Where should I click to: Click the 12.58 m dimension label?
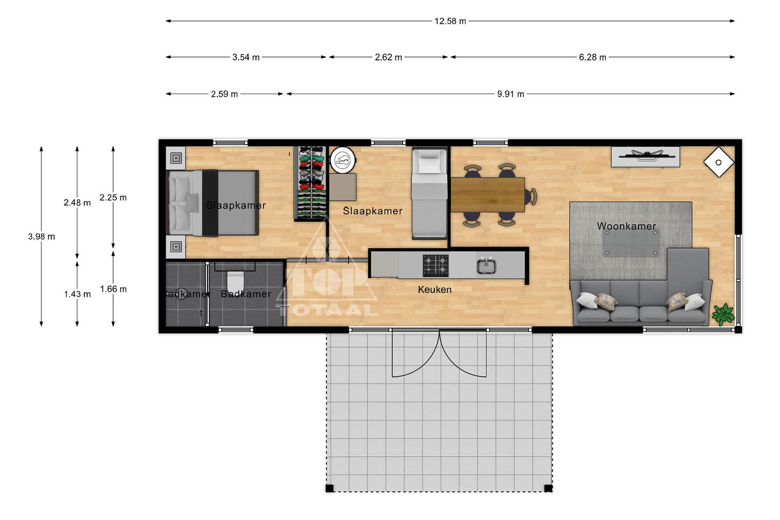tap(450, 21)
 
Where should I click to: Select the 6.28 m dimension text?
tap(592, 57)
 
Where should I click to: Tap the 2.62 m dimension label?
tap(388, 57)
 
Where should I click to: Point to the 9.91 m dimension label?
tap(510, 94)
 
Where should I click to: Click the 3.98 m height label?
tap(41, 237)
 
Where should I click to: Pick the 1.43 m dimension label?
tap(78, 294)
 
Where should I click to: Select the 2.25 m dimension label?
tap(113, 198)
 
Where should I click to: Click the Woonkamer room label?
tap(626, 226)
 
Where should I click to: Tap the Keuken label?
tap(434, 289)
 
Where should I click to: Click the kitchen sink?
tap(487, 266)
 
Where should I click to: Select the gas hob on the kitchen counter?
tap(436, 266)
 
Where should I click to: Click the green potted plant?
tap(723, 314)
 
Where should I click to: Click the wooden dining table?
tap(487, 195)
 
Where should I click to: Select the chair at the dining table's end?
tap(531, 197)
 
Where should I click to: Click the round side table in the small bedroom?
tap(343, 160)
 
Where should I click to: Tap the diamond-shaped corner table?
tap(719, 162)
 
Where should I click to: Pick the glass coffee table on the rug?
tap(631, 243)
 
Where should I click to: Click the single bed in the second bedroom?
tap(429, 193)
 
